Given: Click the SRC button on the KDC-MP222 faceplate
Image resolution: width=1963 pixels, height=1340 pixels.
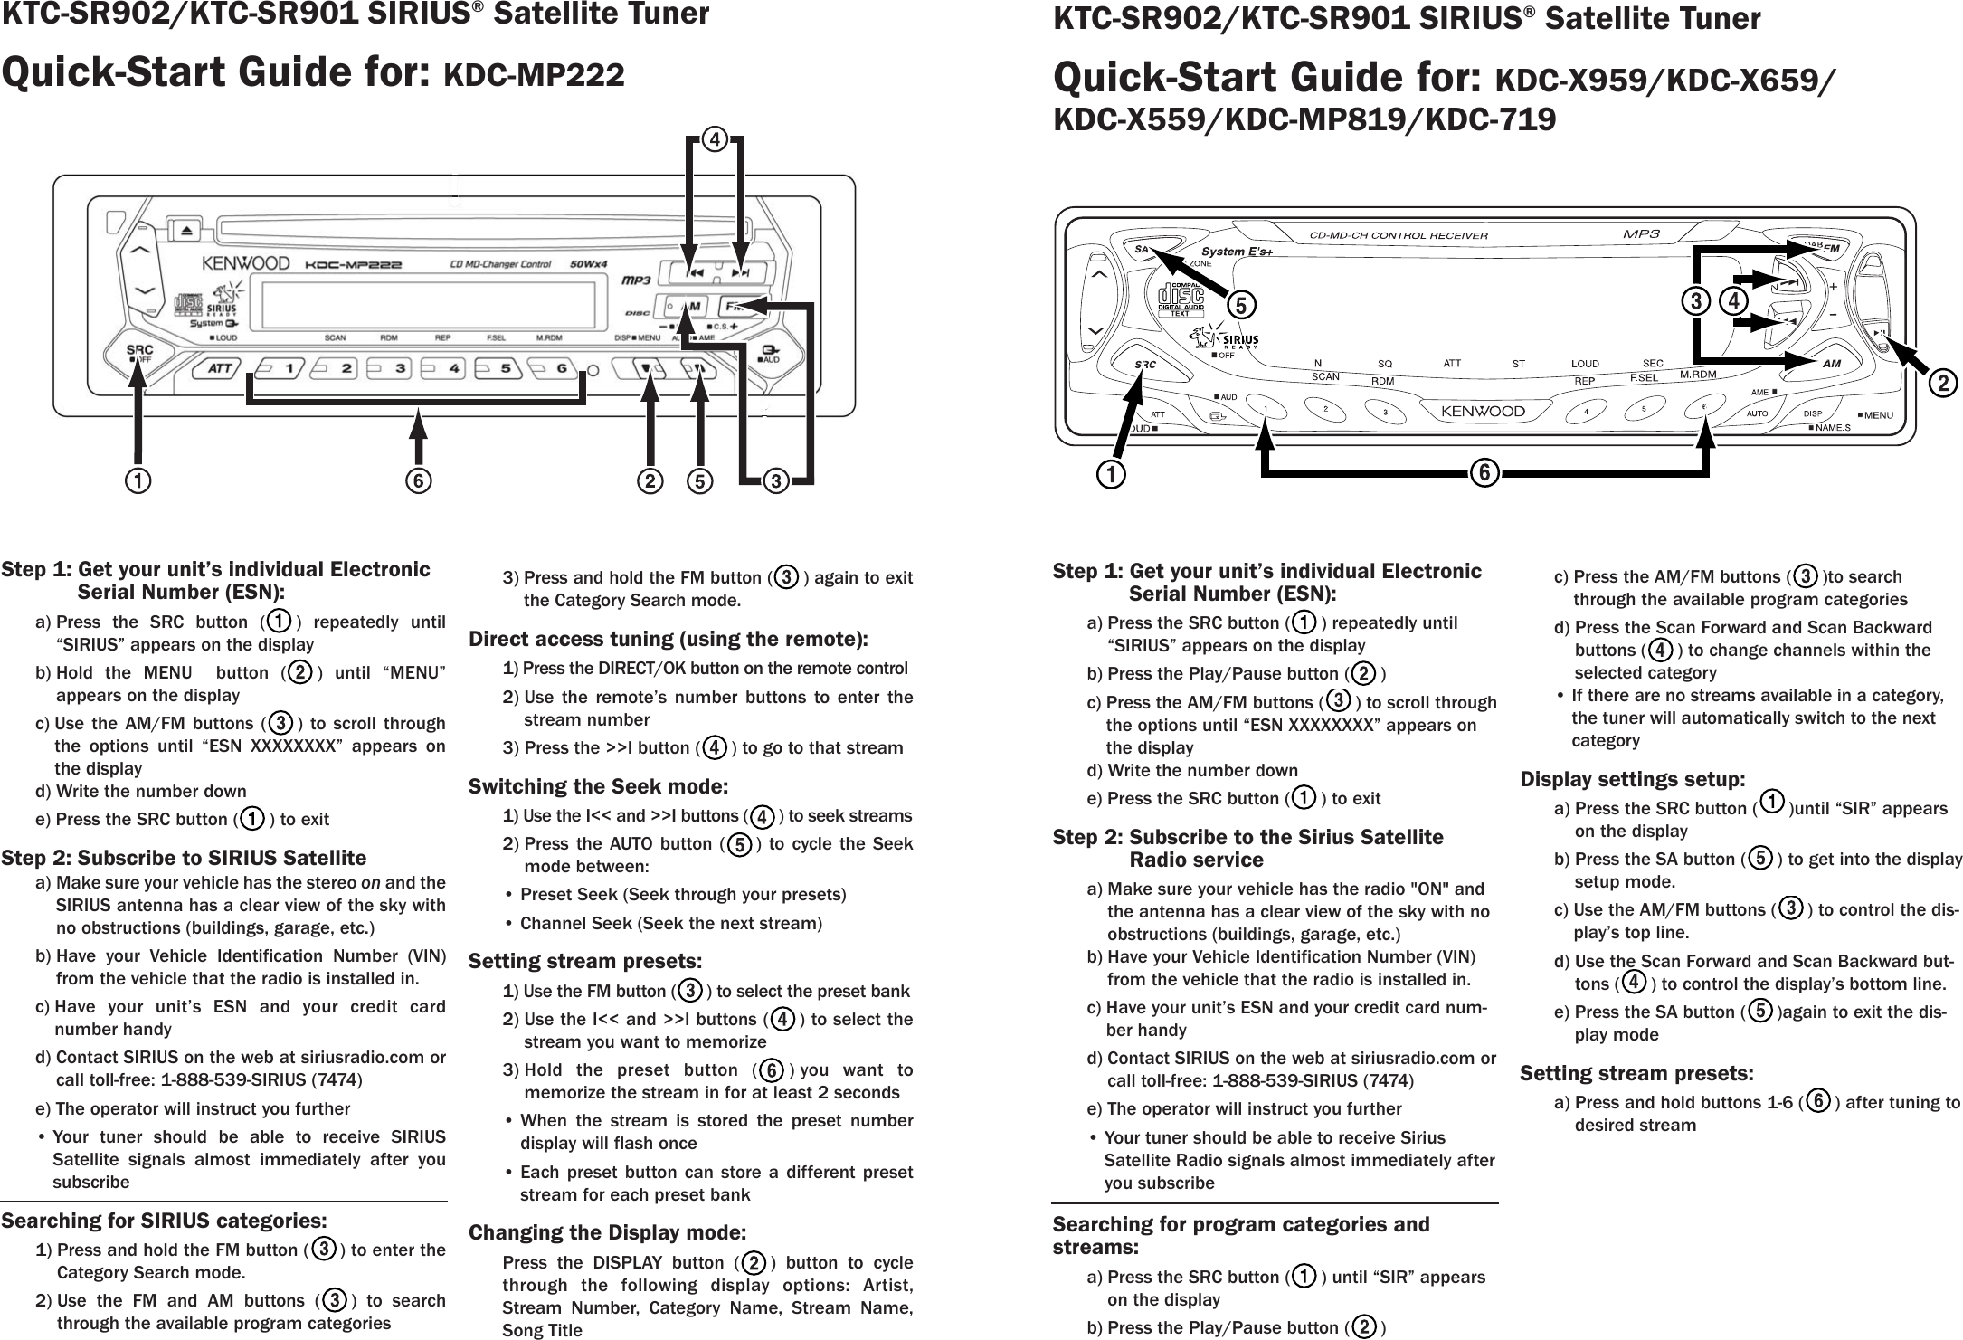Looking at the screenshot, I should tap(138, 351).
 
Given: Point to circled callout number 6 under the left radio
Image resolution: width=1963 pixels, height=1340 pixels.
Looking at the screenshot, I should tap(419, 480).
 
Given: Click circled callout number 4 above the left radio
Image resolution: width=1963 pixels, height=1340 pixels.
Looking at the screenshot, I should tap(715, 140).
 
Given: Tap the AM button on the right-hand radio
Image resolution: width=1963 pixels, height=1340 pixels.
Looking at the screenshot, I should tap(1831, 363).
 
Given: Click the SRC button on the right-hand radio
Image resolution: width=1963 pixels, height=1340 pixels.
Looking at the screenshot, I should tap(1145, 364).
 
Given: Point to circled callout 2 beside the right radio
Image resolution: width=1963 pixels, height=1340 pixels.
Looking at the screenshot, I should tap(1940, 384).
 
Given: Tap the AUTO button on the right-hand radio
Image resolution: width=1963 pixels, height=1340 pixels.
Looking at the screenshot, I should tap(1757, 413).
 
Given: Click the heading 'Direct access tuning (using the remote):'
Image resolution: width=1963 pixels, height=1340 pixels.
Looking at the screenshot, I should tap(668, 640).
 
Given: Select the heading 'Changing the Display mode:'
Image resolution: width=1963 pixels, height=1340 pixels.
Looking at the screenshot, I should tap(607, 1232).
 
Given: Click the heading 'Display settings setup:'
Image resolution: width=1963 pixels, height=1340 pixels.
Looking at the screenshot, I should tap(1632, 779).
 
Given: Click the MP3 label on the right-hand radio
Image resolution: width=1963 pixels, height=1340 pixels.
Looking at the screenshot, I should tap(1641, 234).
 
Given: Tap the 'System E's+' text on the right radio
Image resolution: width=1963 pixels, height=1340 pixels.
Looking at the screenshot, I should tap(1237, 251).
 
